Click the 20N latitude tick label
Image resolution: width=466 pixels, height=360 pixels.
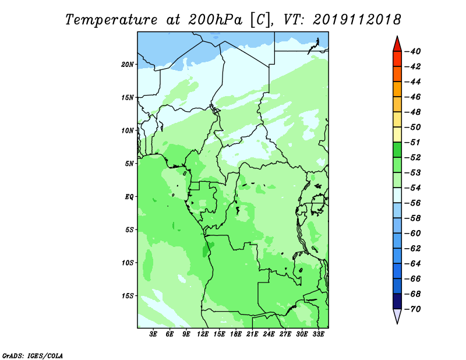(x=127, y=65)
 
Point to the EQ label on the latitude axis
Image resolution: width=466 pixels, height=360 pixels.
(x=129, y=197)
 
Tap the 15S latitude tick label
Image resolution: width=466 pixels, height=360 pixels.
(x=127, y=296)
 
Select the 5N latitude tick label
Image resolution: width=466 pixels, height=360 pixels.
(x=129, y=164)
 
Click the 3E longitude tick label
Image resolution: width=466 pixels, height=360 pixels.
(x=153, y=334)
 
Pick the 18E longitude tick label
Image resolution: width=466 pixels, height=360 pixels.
(x=236, y=334)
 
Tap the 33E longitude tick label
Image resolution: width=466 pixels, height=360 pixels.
(x=318, y=334)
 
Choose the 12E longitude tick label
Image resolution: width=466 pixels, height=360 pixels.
(x=203, y=334)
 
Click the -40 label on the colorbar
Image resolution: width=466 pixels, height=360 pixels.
(x=412, y=51)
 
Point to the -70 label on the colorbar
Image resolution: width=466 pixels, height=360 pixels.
(x=412, y=309)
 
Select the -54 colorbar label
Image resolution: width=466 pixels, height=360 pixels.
(x=412, y=188)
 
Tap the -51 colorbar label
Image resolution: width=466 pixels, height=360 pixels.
(x=412, y=142)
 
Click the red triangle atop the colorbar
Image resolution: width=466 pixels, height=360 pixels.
(x=397, y=45)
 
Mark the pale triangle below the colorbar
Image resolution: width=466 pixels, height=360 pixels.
(x=397, y=316)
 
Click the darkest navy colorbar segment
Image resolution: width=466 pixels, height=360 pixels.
(x=397, y=301)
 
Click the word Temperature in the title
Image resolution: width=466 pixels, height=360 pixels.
(x=111, y=20)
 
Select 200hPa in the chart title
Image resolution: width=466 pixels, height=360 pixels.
(x=215, y=20)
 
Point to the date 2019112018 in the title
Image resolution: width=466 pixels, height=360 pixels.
(x=356, y=20)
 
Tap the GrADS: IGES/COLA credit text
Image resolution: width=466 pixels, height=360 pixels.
(x=33, y=355)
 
